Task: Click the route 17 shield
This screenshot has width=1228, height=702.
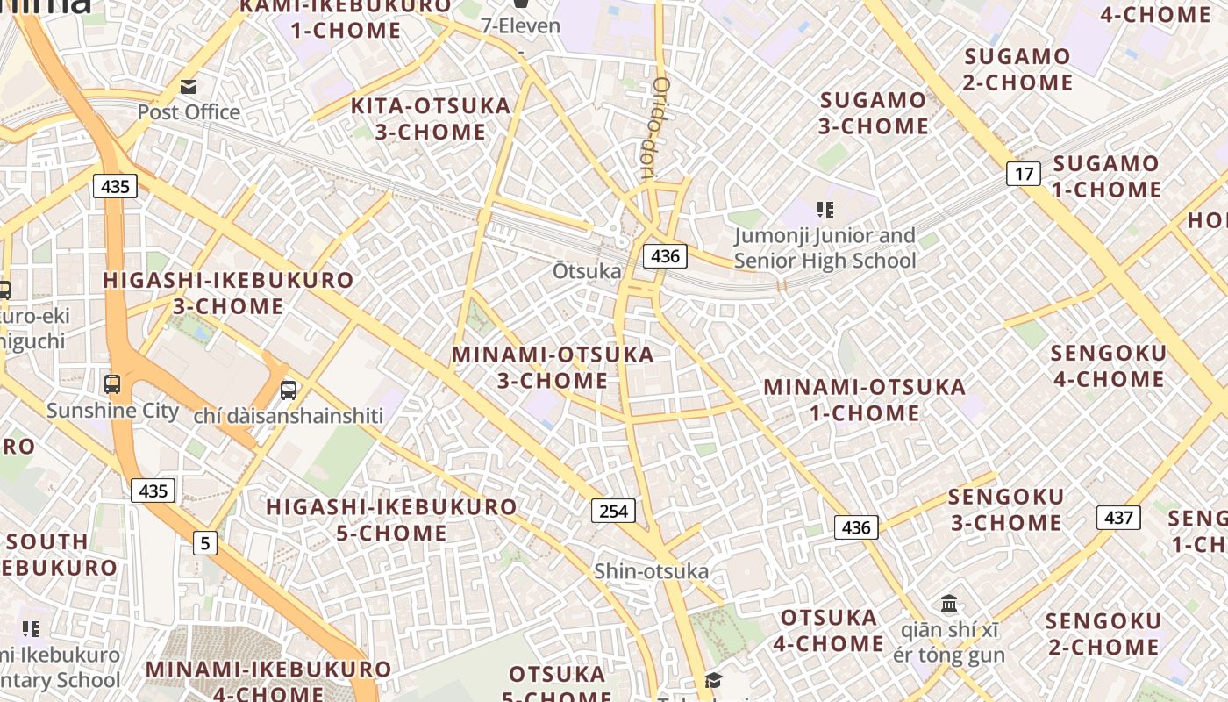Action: (1024, 174)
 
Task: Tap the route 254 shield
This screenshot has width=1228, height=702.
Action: (613, 510)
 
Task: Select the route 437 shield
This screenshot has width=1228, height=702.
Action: (1118, 517)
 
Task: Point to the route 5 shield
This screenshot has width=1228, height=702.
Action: (205, 543)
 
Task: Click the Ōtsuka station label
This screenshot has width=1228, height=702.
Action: (587, 271)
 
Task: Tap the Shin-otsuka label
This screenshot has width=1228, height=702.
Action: (651, 571)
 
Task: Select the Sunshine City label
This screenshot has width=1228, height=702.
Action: (112, 411)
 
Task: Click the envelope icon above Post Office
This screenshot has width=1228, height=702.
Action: (189, 87)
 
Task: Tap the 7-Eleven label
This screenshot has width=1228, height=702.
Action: (520, 25)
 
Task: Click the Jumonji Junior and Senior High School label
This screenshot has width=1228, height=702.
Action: (825, 248)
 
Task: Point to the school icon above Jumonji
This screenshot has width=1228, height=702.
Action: (825, 209)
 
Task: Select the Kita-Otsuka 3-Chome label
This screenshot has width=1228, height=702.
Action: (431, 118)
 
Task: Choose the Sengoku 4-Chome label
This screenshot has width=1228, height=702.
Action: (1109, 366)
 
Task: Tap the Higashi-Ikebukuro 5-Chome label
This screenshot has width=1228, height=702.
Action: (392, 519)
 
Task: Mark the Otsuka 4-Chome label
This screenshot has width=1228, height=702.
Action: (828, 630)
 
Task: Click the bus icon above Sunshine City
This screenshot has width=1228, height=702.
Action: (112, 383)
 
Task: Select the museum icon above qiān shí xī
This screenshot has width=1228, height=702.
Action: (949, 604)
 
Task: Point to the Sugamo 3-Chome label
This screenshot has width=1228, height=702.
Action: (874, 113)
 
